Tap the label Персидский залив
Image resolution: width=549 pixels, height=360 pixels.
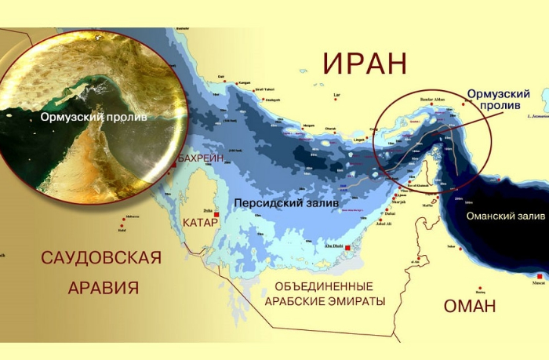[286, 202]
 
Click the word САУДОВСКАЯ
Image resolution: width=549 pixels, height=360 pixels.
[101, 258]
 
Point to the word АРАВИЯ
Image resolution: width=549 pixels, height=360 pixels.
[103, 287]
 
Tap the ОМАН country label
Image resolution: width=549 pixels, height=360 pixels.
[470, 306]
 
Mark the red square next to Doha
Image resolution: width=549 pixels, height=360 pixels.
[217, 210]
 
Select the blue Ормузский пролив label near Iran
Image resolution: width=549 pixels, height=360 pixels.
[498, 100]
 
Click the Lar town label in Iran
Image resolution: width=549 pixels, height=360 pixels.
[338, 96]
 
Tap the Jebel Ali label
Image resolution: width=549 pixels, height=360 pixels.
[384, 225]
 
